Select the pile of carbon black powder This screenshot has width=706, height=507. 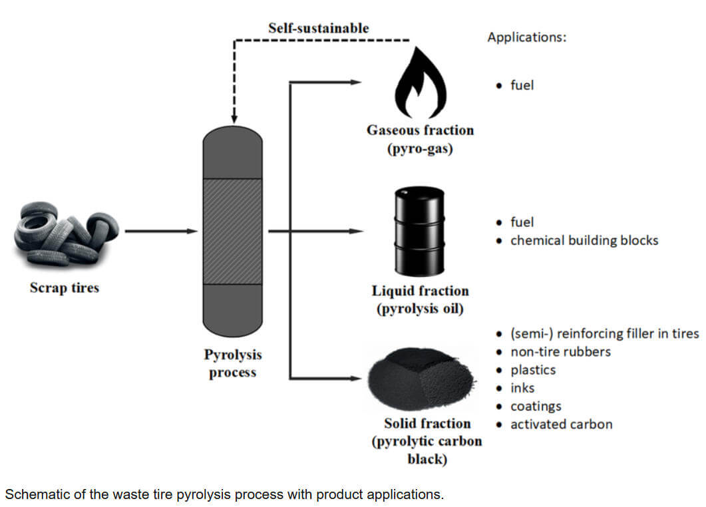(421, 380)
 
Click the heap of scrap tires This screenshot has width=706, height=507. (65, 234)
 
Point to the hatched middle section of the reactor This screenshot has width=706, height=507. (232, 232)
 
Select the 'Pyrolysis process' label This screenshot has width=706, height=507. (232, 363)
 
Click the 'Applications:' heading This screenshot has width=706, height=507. (526, 37)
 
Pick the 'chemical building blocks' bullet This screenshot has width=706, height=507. (584, 240)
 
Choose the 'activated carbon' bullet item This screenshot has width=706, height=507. (561, 424)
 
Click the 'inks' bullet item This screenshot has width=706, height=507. (522, 387)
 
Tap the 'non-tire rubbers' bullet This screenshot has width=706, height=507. (560, 351)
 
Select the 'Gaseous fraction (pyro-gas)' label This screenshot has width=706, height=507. (420, 139)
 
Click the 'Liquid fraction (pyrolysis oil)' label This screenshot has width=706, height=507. (420, 299)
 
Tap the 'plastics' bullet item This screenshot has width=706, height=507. (532, 369)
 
